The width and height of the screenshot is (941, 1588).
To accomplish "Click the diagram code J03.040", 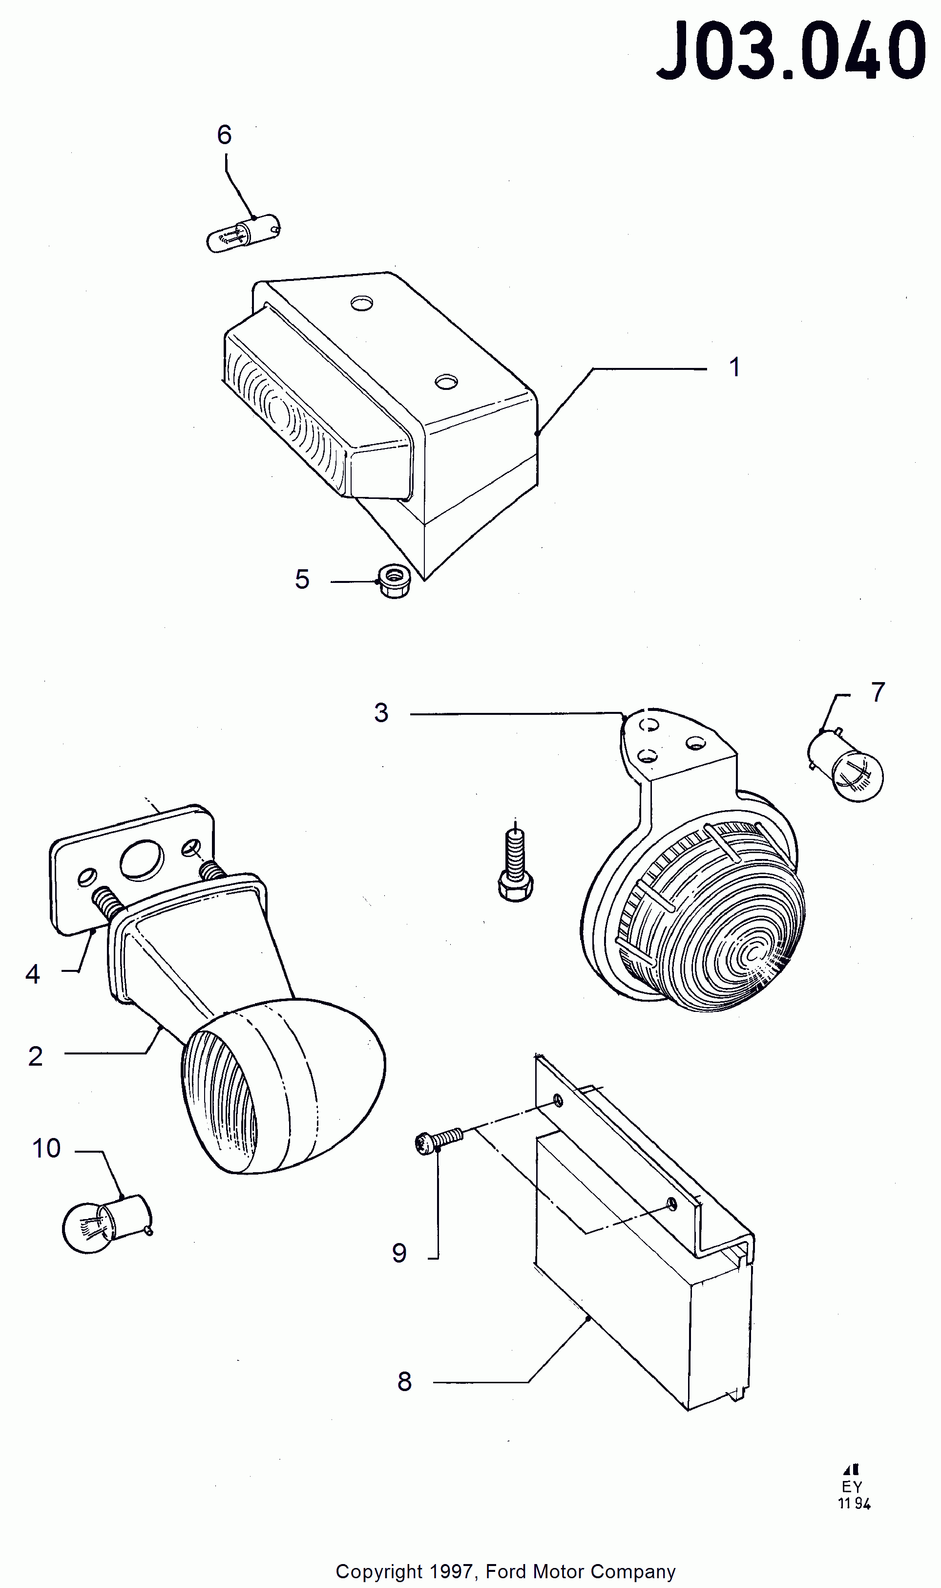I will [791, 51].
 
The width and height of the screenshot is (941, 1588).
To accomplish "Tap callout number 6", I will [225, 134].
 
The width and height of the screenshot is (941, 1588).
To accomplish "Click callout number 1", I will [734, 367].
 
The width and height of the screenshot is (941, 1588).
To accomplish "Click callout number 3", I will [381, 713].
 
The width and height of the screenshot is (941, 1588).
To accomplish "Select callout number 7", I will [878, 692].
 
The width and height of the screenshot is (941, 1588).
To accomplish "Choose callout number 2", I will [36, 1056].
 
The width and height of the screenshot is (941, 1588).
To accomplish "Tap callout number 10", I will [46, 1148].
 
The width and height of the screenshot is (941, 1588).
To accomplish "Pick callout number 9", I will [399, 1253].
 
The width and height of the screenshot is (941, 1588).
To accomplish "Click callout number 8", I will [404, 1381].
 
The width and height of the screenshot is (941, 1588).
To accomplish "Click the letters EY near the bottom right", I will [852, 1486].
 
